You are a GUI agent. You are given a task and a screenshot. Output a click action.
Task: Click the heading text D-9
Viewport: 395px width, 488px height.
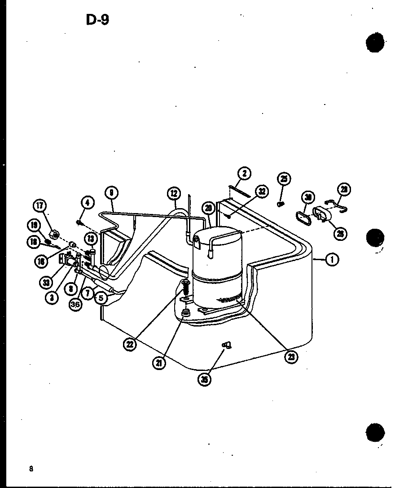97,20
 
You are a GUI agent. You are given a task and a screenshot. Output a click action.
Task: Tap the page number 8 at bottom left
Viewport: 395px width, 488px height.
31,469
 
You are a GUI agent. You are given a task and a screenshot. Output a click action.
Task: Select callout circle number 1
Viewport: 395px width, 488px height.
332,259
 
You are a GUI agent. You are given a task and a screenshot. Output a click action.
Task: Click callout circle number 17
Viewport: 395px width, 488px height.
40,206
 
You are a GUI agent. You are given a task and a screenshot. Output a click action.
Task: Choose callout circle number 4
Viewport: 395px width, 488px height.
88,203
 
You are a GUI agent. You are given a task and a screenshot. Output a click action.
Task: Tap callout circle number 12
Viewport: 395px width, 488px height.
174,194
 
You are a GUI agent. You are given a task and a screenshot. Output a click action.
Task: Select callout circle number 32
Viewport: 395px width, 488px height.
262,192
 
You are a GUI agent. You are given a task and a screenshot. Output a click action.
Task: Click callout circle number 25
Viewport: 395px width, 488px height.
284,179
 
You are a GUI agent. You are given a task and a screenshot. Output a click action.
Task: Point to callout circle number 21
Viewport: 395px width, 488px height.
159,362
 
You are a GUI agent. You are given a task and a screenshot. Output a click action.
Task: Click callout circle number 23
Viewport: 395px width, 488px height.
292,357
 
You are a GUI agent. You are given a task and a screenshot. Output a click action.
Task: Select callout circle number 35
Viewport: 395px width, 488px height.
205,379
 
